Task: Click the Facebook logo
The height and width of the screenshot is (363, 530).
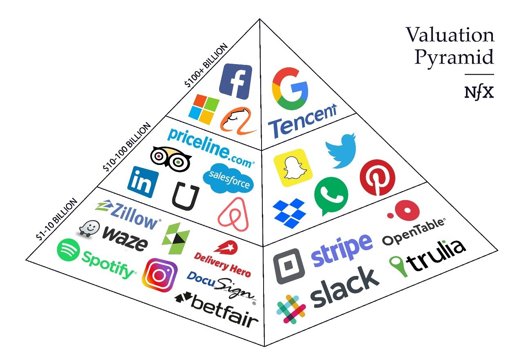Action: pos(235,81)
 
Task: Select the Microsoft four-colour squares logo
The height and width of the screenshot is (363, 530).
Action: pos(204,109)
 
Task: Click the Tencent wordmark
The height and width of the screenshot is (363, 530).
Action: pos(302,121)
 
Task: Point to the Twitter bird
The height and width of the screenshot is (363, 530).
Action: pos(342,151)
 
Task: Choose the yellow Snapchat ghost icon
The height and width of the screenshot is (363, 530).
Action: pos(293,167)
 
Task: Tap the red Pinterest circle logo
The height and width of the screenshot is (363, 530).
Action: pos(377,178)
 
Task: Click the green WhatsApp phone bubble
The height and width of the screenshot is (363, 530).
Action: pos(331,196)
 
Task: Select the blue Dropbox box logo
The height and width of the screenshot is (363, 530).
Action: pos(289,213)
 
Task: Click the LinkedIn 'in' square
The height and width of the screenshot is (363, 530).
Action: pos(143,182)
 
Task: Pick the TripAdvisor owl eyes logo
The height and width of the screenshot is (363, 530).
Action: pos(171,159)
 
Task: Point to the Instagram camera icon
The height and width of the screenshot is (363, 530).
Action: pos(160,275)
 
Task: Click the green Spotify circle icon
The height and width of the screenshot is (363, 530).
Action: pos(69,250)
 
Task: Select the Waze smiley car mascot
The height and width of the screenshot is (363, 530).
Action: pos(89,229)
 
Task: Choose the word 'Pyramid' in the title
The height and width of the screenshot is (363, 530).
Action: pos(454,57)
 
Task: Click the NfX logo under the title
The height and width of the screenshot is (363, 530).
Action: pos(479,93)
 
